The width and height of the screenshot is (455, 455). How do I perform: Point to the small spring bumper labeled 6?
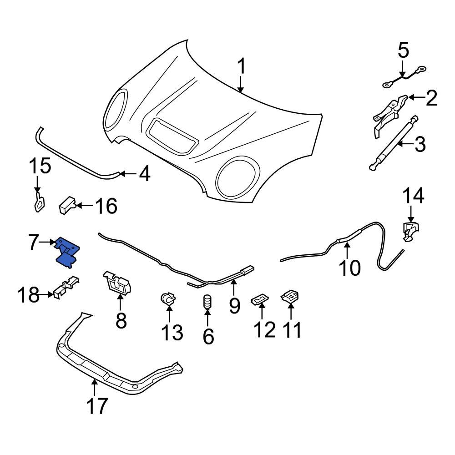click(207, 302)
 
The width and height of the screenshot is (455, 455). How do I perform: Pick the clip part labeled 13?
click(168, 300)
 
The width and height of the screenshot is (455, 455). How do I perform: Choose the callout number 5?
click(404, 51)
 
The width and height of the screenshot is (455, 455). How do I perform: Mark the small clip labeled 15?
click(40, 202)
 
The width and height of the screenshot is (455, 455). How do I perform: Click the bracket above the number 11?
click(290, 297)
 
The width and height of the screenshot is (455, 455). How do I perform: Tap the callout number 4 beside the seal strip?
click(144, 174)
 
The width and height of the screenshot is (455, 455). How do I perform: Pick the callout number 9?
click(234, 305)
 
